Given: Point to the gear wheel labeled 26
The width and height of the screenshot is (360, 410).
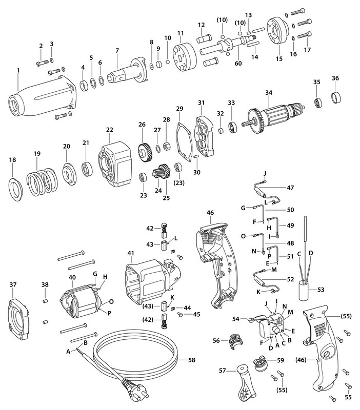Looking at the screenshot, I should point(146,150).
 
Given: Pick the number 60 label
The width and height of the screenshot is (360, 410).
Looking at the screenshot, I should point(237,63).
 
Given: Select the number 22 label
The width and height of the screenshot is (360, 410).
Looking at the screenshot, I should point(109,130).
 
